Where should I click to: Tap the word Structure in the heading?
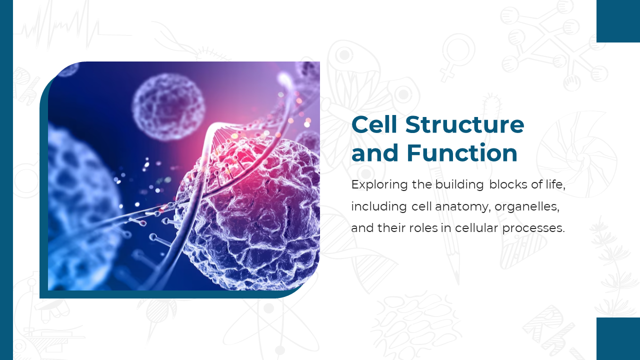[465, 124]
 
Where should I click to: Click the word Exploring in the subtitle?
[379, 185]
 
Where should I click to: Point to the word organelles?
[527, 206]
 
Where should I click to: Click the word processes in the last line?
[533, 228]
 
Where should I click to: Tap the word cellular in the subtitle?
[476, 227]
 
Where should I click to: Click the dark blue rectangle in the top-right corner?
[618, 21]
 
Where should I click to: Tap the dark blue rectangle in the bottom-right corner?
[618, 338]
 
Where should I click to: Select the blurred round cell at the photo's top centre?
[168, 107]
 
